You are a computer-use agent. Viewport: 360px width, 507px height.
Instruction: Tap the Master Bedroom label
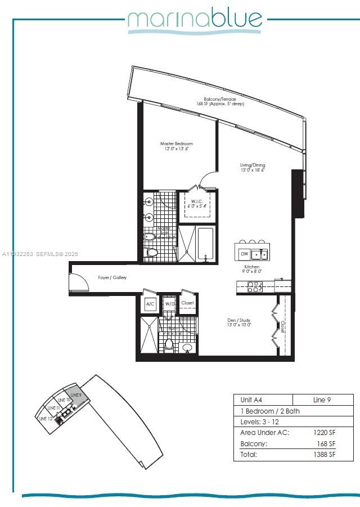176,146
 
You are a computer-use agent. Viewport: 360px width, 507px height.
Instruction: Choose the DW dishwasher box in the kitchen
244,254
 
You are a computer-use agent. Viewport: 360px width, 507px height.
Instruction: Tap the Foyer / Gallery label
112,277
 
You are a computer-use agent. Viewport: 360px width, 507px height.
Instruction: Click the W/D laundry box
169,304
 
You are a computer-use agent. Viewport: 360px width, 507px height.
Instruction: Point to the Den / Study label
238,322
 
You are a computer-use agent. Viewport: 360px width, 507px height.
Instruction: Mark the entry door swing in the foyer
78,281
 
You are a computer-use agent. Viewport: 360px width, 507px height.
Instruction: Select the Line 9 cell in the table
322,400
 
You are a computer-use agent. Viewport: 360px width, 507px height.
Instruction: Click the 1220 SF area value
325,433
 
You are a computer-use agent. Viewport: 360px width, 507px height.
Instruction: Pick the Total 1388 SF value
325,454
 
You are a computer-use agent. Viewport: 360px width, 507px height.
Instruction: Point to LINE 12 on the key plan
46,418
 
